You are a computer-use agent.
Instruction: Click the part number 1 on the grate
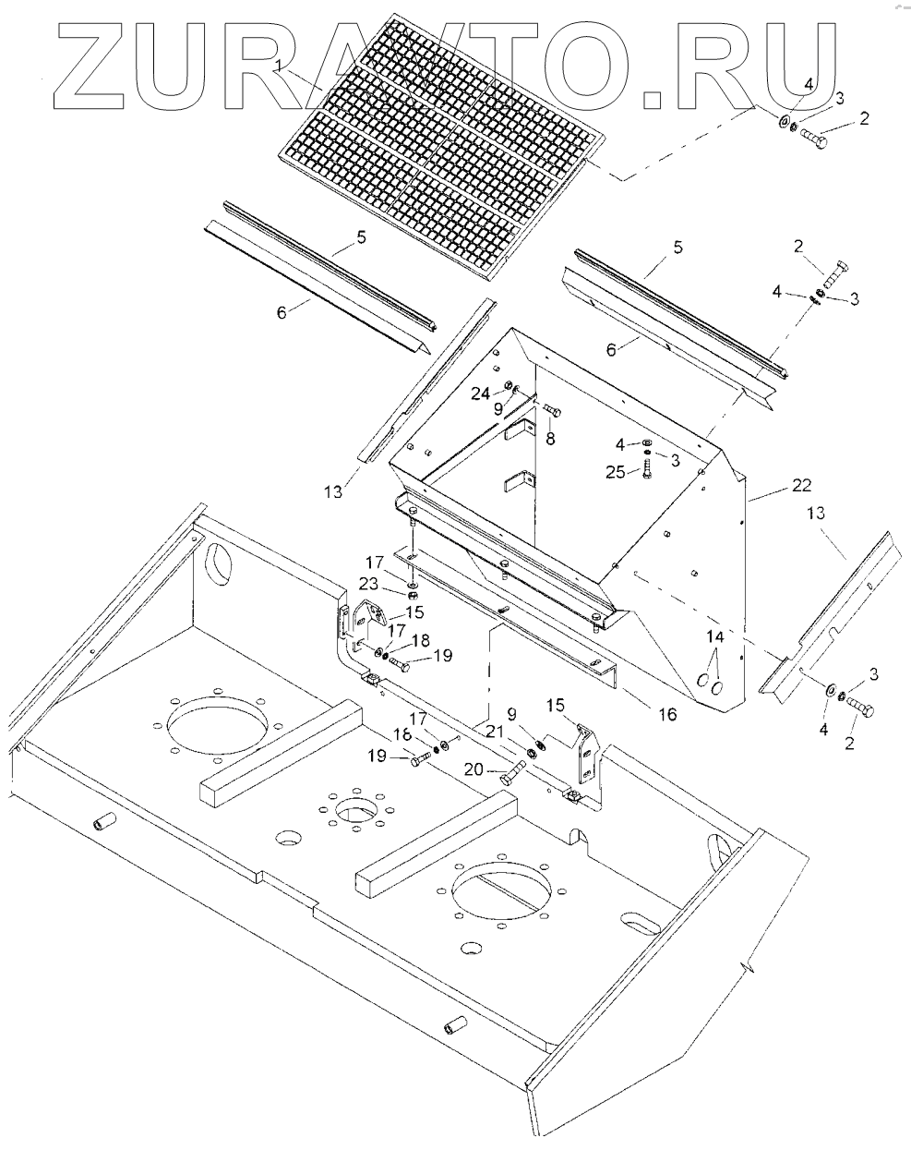coord(280,64)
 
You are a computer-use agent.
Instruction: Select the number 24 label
coord(480,393)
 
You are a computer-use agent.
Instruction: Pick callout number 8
coord(550,440)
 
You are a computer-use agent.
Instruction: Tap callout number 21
coord(495,731)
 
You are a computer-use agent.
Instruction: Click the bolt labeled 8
coord(552,410)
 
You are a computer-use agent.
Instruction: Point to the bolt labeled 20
coord(511,777)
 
